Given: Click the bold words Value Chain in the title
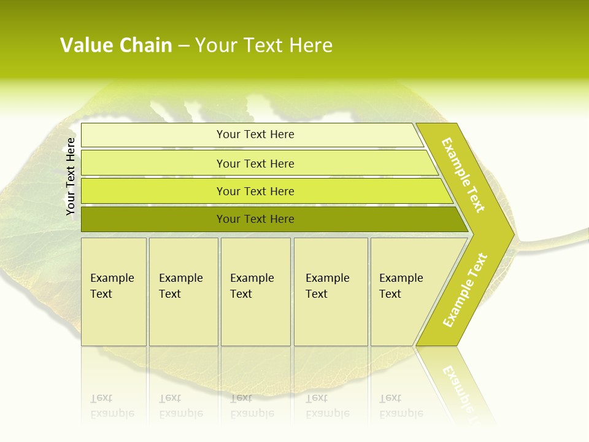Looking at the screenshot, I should (116, 45).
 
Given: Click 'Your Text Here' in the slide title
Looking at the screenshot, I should (264, 45).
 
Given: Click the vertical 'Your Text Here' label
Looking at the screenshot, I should (71, 176).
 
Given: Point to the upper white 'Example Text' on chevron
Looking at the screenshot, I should (463, 175).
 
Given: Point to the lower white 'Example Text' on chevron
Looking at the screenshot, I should (465, 290).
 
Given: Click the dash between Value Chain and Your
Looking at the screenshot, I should (183, 46).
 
